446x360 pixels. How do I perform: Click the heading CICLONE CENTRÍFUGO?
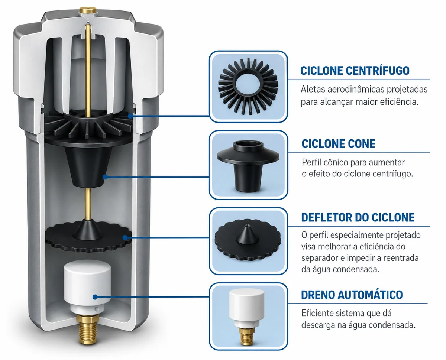[x=355, y=70]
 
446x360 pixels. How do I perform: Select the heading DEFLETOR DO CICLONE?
[x=358, y=217]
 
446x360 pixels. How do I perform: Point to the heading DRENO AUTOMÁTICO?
[x=352, y=295]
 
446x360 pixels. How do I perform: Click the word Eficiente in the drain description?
[x=317, y=313]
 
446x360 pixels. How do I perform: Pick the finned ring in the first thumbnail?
[x=248, y=86]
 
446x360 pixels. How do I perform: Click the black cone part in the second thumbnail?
[x=248, y=165]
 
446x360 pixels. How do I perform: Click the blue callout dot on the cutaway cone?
[x=106, y=177]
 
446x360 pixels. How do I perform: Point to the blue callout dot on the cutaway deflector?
[x=125, y=237]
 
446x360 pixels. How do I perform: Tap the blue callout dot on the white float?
[x=95, y=297]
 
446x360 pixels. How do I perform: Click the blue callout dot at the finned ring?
[x=130, y=116]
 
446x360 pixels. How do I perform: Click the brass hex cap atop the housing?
[x=88, y=10]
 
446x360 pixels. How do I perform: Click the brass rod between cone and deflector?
[x=88, y=203]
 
